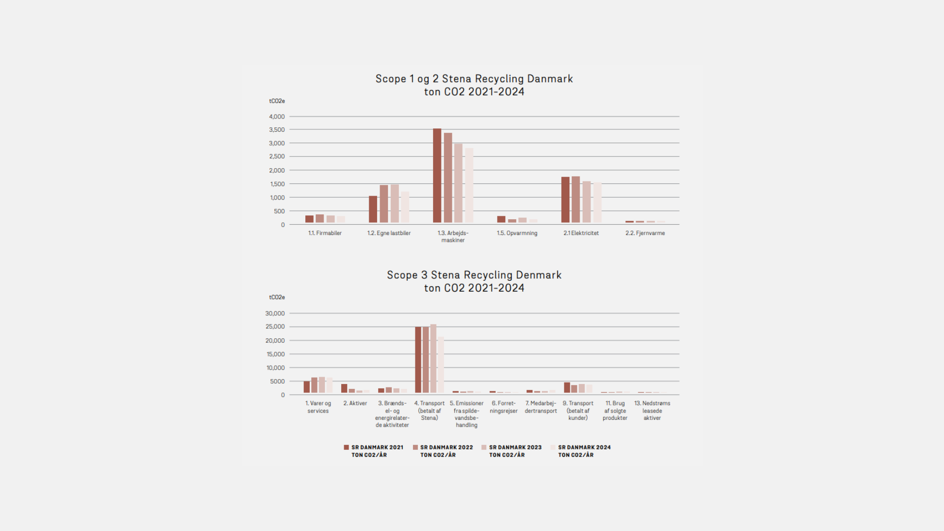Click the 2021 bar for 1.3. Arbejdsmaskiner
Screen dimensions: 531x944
click(x=437, y=176)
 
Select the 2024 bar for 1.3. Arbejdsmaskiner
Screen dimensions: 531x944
click(x=469, y=185)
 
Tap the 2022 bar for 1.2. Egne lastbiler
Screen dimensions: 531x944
click(x=384, y=204)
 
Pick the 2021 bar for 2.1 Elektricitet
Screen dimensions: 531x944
click(x=565, y=200)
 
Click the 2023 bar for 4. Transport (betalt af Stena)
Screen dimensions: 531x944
click(x=433, y=358)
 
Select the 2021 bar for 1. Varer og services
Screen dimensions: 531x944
click(x=307, y=387)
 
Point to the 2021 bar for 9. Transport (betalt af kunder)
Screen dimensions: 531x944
click(x=567, y=387)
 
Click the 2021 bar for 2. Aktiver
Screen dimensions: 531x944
click(x=344, y=388)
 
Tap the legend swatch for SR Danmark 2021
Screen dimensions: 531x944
click(x=346, y=447)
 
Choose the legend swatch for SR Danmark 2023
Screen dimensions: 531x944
click(x=484, y=447)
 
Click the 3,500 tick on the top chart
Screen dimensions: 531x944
click(x=277, y=130)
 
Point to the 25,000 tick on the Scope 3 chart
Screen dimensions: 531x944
click(x=275, y=327)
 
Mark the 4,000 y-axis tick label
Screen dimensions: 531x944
click(x=277, y=117)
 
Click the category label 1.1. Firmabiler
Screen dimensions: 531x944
click(x=324, y=233)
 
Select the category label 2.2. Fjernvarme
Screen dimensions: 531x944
click(x=645, y=233)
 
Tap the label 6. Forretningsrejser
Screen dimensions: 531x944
click(x=503, y=407)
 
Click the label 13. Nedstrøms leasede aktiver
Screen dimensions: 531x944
click(x=652, y=411)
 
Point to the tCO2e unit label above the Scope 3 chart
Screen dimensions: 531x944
click(x=277, y=297)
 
